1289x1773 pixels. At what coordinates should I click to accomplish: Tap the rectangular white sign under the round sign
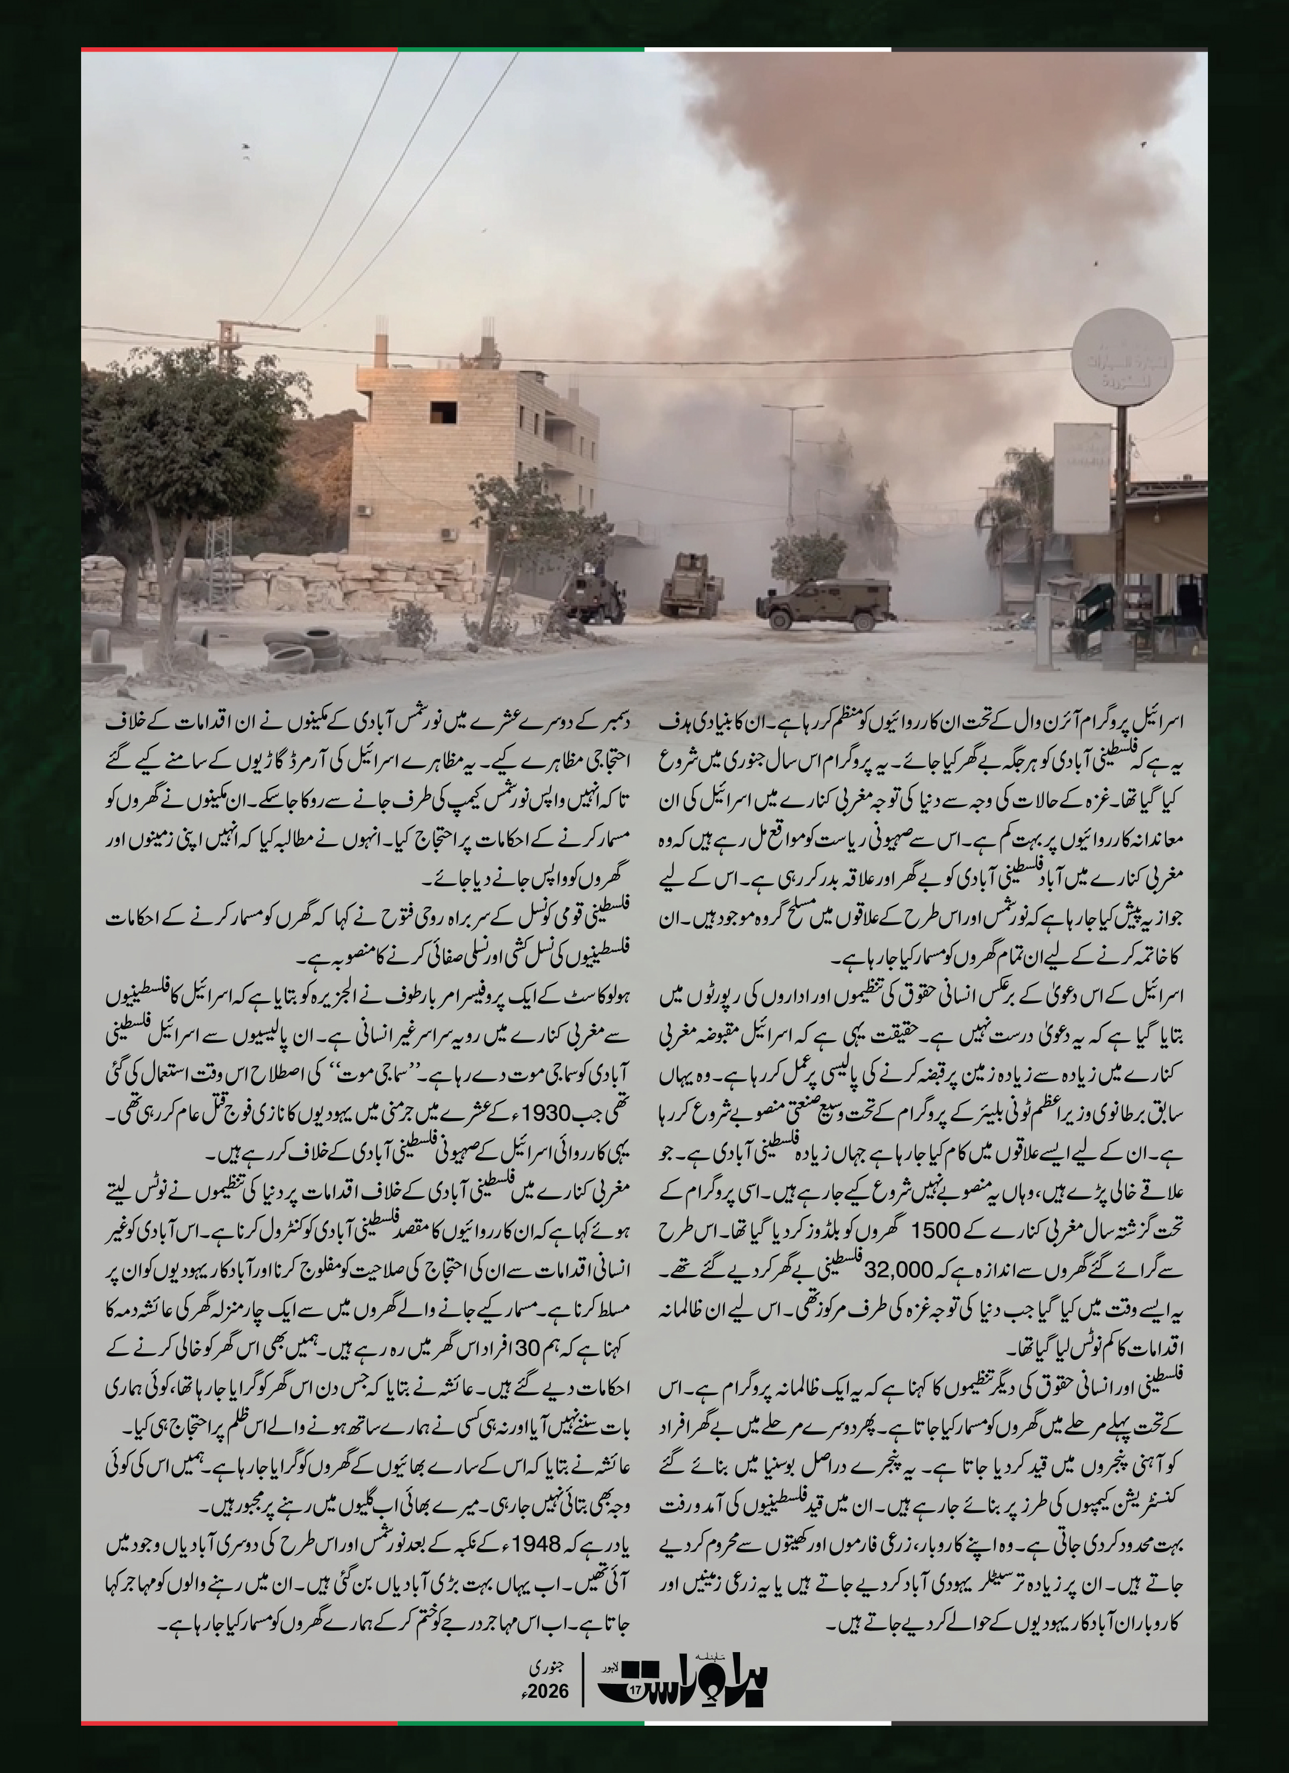tap(1081, 478)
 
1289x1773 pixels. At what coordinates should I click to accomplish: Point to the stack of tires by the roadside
tap(306, 651)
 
